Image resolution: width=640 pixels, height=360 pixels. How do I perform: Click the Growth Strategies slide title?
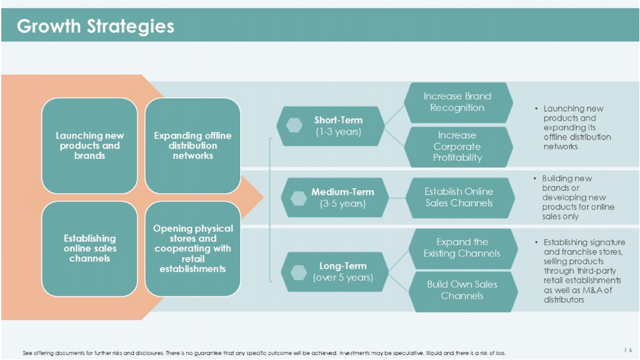96,26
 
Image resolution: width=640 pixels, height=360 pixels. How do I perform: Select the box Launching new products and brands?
89,146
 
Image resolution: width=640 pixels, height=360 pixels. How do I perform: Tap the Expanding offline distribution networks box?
193,146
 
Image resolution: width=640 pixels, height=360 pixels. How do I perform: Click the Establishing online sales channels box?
89,248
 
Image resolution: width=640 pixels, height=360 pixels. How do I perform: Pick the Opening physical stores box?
193,248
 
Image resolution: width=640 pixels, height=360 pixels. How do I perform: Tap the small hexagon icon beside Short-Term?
294,126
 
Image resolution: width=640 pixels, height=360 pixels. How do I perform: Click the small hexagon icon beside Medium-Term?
299,198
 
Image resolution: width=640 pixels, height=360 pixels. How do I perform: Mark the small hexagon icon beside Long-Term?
299,273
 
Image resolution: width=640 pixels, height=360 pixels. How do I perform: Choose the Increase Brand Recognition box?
458,103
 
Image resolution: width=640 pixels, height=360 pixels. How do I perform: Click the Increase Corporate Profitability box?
458,147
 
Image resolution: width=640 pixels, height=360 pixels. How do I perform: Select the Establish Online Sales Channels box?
460,197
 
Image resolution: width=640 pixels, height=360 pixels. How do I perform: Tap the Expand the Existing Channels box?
463,248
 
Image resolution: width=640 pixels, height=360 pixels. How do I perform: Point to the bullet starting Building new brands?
574,197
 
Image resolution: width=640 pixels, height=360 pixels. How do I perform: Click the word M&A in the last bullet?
592,290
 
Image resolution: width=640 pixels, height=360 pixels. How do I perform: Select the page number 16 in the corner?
628,350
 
